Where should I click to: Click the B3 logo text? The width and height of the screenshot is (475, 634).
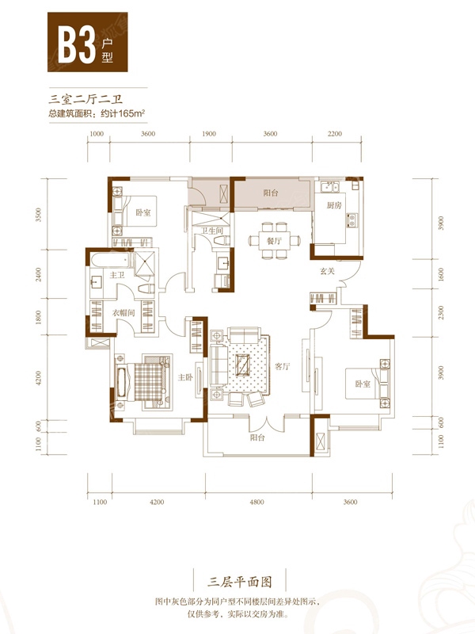76,44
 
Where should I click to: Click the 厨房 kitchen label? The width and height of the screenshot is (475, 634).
334,205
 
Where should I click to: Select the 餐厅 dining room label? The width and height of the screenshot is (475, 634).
274,241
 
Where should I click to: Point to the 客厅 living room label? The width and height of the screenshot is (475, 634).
283,366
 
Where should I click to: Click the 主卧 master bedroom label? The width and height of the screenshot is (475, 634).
185,377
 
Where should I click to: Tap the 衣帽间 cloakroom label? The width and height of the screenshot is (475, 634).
123,312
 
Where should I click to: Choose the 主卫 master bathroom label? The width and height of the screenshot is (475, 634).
117,275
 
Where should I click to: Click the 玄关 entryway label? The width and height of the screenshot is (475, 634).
328,271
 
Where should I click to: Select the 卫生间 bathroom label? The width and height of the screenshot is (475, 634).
212,231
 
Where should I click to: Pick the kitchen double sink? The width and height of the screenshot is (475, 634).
329,187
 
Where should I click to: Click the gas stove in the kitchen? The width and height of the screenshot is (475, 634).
351,220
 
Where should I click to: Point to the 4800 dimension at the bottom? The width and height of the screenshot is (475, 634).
256,502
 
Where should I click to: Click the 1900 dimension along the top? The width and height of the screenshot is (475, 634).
209,134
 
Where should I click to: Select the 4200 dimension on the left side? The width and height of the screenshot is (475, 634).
38,378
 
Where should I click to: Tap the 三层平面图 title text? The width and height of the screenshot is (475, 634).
240,582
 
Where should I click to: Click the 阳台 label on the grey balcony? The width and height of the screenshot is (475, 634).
271,193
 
